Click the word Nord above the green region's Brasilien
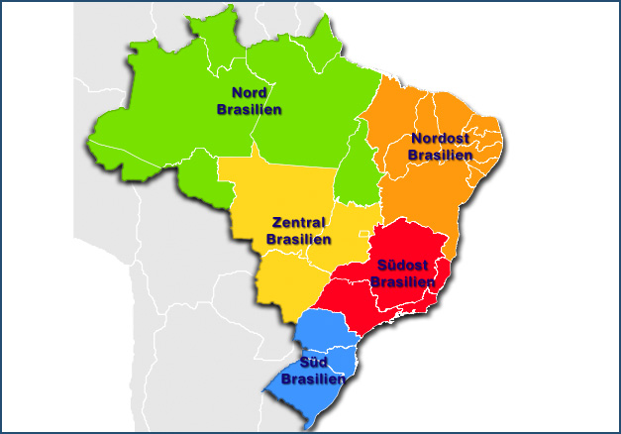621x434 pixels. [x=249, y=92]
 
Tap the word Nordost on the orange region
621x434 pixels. [x=440, y=139]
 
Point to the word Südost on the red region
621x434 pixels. [x=404, y=266]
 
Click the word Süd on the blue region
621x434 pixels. [x=313, y=362]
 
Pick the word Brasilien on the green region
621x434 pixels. [x=249, y=109]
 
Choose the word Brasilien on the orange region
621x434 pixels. [x=440, y=155]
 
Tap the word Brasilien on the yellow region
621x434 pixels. [x=299, y=240]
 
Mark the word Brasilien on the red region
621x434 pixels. [x=403, y=281]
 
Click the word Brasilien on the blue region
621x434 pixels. [x=313, y=379]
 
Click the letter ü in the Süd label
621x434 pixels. [x=313, y=363]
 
